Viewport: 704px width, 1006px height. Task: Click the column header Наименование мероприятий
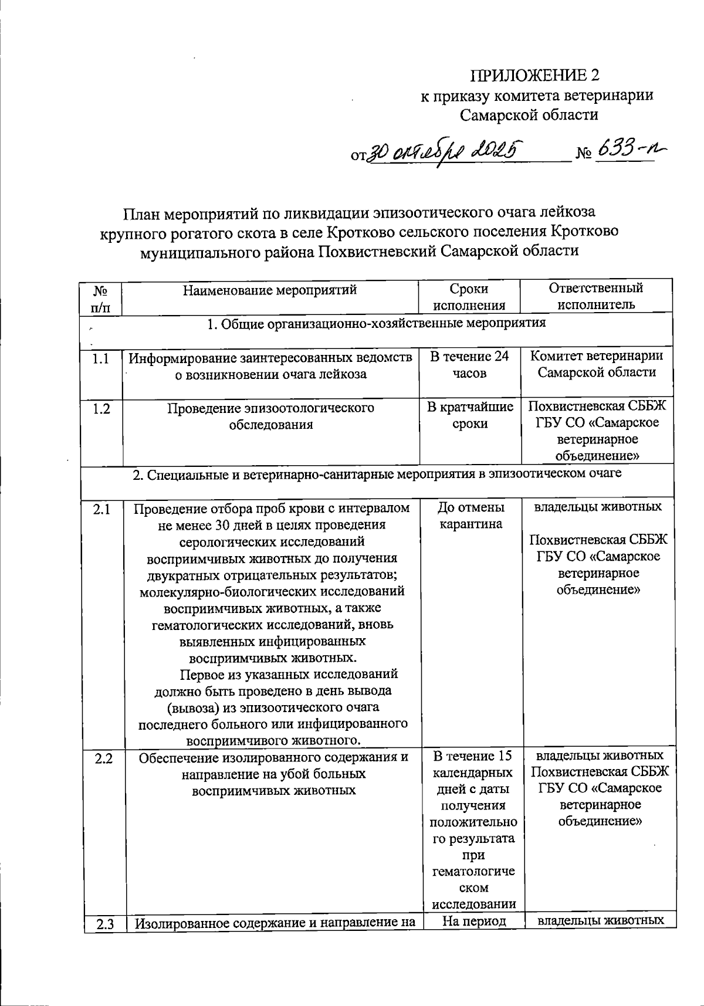point(270,290)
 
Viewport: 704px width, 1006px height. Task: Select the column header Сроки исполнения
point(469,296)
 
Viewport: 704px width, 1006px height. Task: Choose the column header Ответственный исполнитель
point(595,296)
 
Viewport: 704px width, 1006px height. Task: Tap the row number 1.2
point(101,408)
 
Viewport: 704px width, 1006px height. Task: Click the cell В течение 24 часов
point(469,365)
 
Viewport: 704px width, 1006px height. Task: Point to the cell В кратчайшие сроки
point(469,415)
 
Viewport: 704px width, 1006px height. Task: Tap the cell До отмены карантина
point(471,515)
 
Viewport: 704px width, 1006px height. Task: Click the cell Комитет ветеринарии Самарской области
point(597,364)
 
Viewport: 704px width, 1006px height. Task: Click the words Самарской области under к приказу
point(529,114)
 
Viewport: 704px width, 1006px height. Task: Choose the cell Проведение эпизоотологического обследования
point(270,416)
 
